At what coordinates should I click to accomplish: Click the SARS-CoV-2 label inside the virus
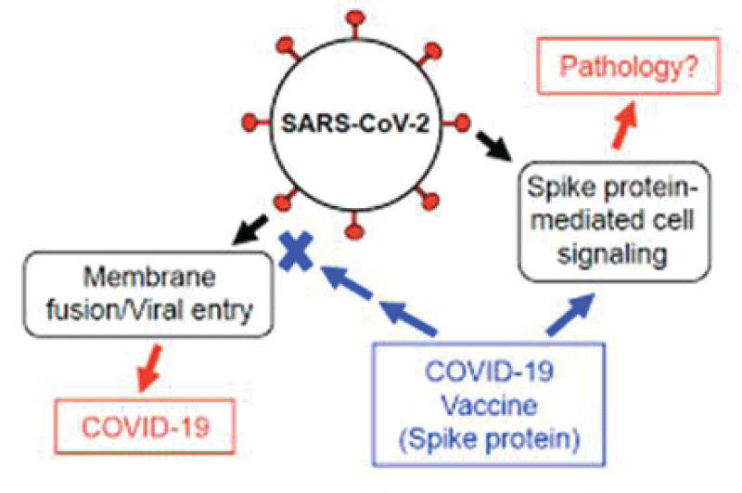point(355,124)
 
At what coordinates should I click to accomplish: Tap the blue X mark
point(296,252)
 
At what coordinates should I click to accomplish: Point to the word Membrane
point(149,277)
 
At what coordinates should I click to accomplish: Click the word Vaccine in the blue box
point(490,406)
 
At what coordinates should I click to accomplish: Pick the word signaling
point(612,255)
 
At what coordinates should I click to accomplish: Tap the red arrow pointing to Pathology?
point(623,125)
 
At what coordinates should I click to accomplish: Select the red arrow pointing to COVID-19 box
point(150,368)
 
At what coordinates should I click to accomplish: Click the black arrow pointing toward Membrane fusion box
point(249,230)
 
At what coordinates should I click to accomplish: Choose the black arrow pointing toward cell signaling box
point(494,146)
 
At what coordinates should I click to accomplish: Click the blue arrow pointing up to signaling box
point(570,315)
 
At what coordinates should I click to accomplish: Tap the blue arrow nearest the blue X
point(346,283)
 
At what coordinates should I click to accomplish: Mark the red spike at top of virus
point(355,25)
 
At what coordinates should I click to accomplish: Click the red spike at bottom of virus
point(354,225)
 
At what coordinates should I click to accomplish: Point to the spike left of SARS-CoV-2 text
point(256,123)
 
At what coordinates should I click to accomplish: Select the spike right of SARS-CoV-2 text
point(456,123)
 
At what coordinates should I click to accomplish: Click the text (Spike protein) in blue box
point(490,440)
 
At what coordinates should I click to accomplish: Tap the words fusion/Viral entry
point(149,310)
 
